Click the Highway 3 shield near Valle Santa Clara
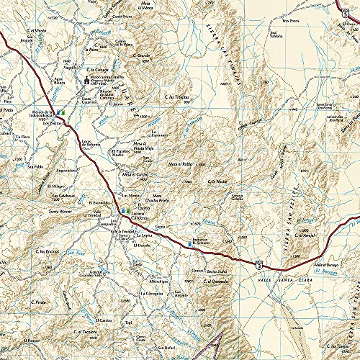tap(258, 265)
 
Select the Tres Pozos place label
tap(290, 20)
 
